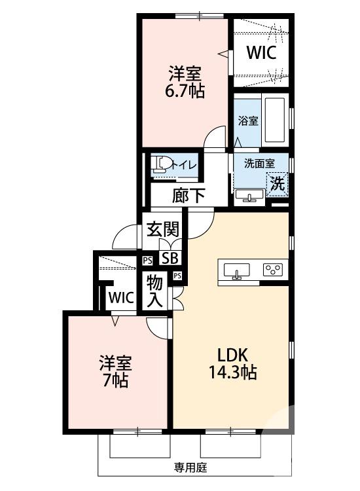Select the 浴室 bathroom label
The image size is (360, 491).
(x=247, y=121)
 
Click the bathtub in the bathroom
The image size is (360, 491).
(x=276, y=120)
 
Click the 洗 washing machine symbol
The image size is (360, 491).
(x=278, y=184)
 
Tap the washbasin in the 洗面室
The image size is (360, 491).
(x=249, y=196)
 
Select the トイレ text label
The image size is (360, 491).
(x=184, y=166)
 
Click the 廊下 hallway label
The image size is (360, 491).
(x=189, y=194)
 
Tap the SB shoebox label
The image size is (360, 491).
(x=170, y=258)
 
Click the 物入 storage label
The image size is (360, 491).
(x=155, y=292)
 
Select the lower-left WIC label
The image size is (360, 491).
(x=121, y=297)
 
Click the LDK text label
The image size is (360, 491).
(x=232, y=355)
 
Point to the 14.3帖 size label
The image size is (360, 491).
(x=232, y=373)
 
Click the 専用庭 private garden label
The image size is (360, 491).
(x=190, y=467)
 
